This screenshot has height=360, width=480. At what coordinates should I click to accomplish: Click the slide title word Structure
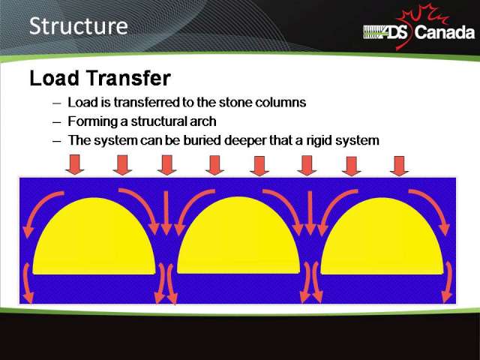point(78,26)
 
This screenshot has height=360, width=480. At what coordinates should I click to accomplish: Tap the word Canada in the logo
point(445,32)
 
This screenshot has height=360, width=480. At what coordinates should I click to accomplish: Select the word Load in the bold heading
point(54,78)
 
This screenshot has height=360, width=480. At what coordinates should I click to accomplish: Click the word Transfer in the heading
point(129,78)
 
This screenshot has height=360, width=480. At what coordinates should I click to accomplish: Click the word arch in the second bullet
point(205,121)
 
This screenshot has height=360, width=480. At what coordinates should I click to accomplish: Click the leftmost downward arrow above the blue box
point(75,164)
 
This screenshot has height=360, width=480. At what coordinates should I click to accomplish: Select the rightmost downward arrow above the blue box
point(399,166)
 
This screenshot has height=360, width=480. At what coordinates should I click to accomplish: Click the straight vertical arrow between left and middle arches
point(166,213)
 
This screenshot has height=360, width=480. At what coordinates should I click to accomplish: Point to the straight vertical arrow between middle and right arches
point(310,213)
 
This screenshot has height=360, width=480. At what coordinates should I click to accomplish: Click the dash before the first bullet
point(57,103)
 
